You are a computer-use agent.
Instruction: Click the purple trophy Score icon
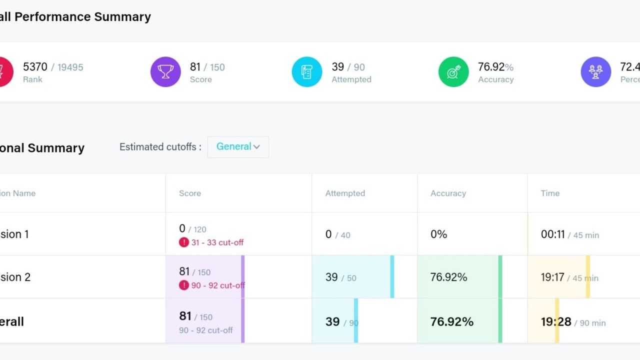click(x=165, y=72)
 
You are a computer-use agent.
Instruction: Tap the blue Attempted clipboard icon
click(x=307, y=72)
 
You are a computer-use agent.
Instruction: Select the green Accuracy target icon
click(x=453, y=72)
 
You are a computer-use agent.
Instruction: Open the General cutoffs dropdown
click(x=238, y=147)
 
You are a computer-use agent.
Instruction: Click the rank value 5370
click(x=35, y=67)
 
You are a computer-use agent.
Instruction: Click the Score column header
click(x=190, y=193)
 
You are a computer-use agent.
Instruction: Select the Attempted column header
click(x=345, y=193)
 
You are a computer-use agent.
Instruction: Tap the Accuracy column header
click(x=448, y=193)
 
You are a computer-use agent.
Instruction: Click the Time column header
click(x=550, y=193)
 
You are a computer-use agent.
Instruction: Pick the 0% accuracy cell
click(x=439, y=234)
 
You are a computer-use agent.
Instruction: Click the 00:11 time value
click(x=552, y=234)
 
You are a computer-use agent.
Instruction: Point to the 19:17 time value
click(x=552, y=277)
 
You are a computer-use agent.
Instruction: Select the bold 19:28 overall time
click(x=556, y=322)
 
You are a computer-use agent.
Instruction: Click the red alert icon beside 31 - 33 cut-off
click(x=184, y=242)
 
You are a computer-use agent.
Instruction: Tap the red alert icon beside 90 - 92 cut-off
click(x=184, y=285)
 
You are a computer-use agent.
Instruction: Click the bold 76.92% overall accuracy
click(x=452, y=322)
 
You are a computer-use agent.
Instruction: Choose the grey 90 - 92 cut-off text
click(x=206, y=330)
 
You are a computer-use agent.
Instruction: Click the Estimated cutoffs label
click(x=160, y=147)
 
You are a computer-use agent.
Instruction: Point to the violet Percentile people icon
click(x=595, y=72)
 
